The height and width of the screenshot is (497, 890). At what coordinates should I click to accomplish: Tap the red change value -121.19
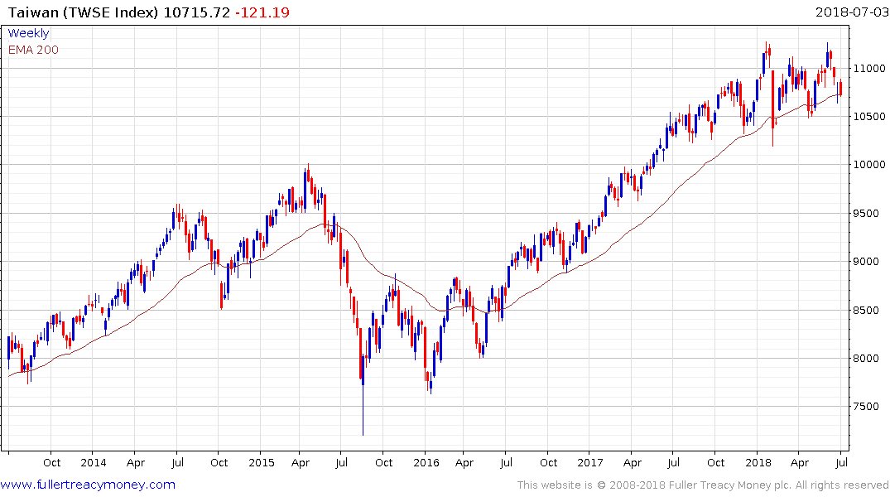pyautogui.click(x=262, y=12)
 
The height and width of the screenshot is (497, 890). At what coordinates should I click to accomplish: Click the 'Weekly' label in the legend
pyautogui.click(x=28, y=33)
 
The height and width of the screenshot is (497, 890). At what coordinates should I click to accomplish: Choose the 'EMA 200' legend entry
pyautogui.click(x=33, y=50)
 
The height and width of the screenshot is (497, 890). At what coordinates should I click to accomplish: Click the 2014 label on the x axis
pyautogui.click(x=94, y=462)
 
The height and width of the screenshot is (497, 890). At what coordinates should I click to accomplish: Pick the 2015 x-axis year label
pyautogui.click(x=261, y=462)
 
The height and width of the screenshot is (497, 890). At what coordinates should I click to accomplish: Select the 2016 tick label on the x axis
pyautogui.click(x=426, y=462)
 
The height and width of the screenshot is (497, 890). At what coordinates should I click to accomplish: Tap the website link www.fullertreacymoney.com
pyautogui.click(x=88, y=485)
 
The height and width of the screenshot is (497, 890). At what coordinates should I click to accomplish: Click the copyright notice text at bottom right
pyautogui.click(x=703, y=485)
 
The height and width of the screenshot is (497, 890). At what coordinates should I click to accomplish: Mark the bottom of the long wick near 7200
pyautogui.click(x=363, y=435)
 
